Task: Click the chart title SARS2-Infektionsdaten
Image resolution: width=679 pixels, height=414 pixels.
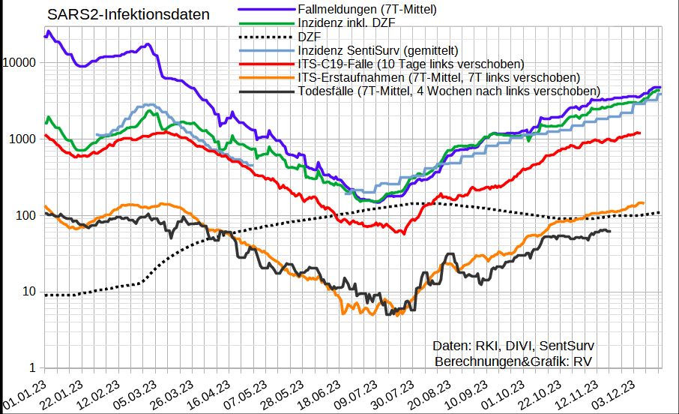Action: (x=128, y=14)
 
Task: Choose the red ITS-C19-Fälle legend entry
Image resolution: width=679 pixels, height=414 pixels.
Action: (x=410, y=64)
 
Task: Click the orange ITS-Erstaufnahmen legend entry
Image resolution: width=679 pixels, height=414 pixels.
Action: (x=439, y=77)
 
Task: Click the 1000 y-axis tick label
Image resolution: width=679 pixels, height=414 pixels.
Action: (x=24, y=139)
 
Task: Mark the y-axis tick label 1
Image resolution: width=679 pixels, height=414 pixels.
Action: (x=34, y=368)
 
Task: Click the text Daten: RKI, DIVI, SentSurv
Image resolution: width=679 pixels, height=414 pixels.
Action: (x=514, y=346)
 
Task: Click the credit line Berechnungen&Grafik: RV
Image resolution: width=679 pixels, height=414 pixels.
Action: (x=514, y=361)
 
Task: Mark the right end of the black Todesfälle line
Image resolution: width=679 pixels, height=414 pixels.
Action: (x=610, y=231)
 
